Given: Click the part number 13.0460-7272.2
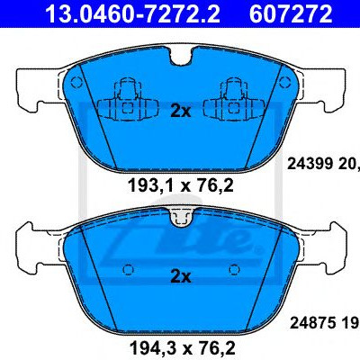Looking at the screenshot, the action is click(x=132, y=13).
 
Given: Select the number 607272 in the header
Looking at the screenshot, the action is click(x=291, y=13).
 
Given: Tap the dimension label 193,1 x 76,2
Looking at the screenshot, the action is click(x=181, y=185).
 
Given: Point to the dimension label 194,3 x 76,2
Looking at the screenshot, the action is click(x=182, y=348).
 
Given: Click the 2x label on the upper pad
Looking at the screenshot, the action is click(x=180, y=112).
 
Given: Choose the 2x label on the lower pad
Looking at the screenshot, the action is click(x=180, y=277).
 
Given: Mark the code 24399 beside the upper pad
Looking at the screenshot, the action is click(x=310, y=164).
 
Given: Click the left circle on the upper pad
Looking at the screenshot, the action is click(x=76, y=82).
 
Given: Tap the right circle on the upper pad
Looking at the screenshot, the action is click(x=284, y=82).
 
